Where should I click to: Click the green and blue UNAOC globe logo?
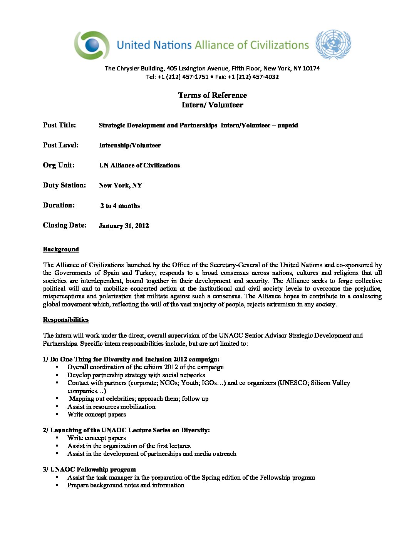point(92,45)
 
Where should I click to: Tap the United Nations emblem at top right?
point(333,44)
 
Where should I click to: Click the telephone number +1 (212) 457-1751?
point(183,77)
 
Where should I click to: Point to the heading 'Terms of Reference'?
point(213,95)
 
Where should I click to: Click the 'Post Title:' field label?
point(59,125)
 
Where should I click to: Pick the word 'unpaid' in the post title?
point(288,125)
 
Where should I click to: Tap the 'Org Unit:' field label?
point(59,165)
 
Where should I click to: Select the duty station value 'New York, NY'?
point(120,186)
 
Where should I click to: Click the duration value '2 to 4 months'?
point(120,206)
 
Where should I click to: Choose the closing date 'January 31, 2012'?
point(124,226)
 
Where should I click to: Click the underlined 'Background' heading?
point(61,249)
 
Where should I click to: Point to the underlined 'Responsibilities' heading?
point(65,320)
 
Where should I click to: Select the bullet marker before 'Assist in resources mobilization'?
point(57,406)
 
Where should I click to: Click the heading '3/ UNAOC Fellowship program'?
point(89,470)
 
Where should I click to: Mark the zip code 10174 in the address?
point(311,69)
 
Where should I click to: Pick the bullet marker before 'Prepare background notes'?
point(57,485)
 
